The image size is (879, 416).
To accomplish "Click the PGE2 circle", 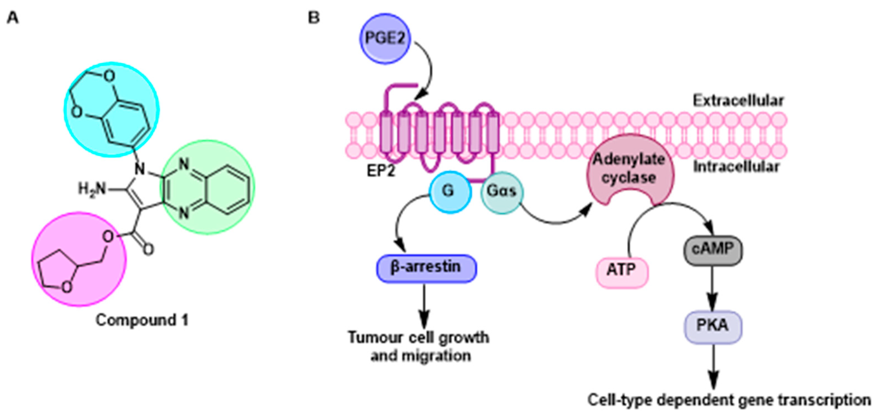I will pos(385,39).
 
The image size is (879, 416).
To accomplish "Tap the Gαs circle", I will pos(501,192).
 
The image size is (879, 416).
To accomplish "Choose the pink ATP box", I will pos(621,272).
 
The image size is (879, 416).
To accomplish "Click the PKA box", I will pos(713,326).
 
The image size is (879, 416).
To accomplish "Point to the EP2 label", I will pos(381,171).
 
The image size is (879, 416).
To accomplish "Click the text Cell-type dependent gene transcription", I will pos(729,400).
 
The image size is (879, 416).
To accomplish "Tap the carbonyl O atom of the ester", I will pos(148,250).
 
